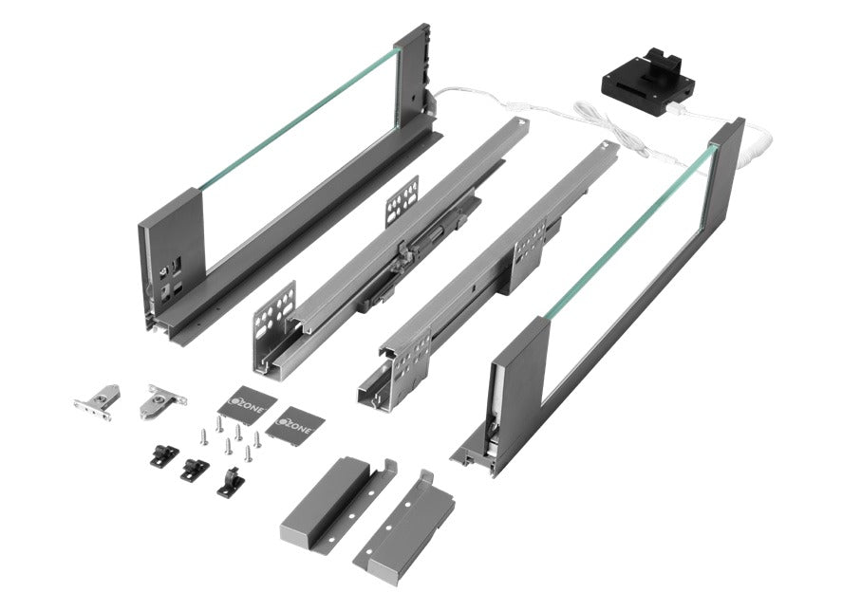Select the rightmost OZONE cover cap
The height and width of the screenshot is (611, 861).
point(293,423)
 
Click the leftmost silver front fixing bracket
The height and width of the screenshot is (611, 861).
point(98,398)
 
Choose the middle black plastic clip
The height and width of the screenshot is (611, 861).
point(194,468)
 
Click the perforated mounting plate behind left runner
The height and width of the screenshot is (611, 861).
point(402,200)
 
